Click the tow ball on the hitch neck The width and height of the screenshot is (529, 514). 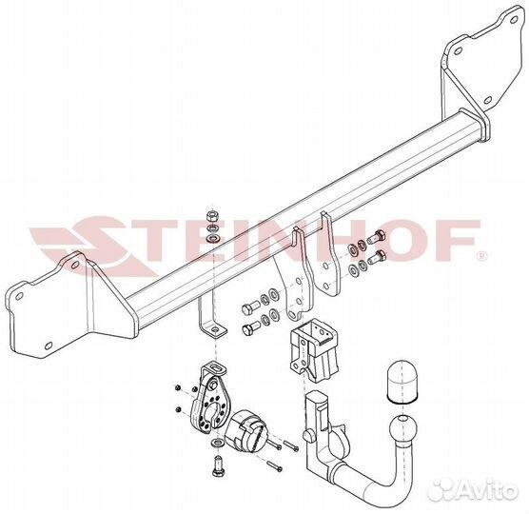[x=402, y=428]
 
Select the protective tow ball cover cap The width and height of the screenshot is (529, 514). [x=402, y=382]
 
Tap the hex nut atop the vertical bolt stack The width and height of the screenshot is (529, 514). [x=212, y=215]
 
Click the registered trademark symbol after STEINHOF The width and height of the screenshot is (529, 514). [x=481, y=257]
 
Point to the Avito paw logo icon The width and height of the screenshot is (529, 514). [x=441, y=489]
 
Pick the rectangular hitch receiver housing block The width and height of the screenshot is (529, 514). [x=314, y=350]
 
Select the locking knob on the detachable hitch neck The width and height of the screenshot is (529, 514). [x=308, y=434]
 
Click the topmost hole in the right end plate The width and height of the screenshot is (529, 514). [x=514, y=20]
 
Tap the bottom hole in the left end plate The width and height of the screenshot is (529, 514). [x=49, y=346]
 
